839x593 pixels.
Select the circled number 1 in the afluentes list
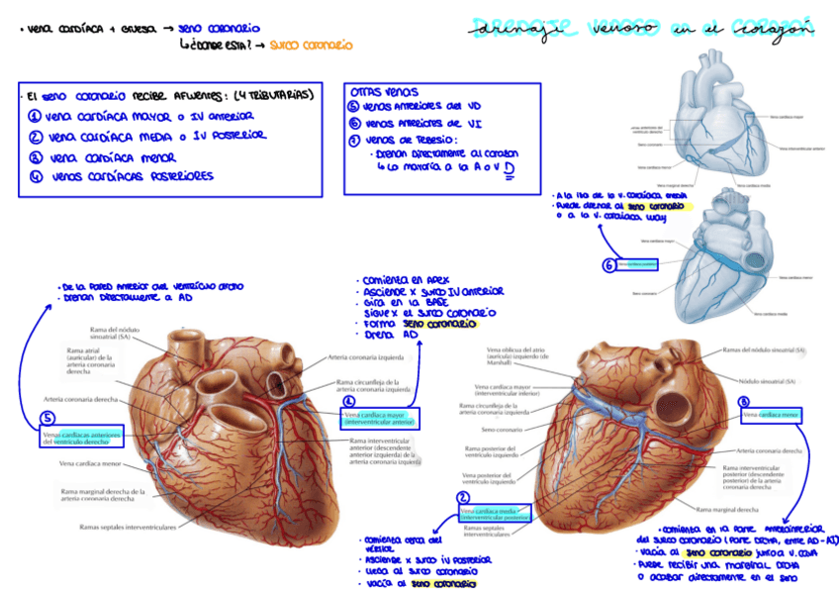pos(36,116)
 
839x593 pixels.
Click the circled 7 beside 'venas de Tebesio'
pos(354,140)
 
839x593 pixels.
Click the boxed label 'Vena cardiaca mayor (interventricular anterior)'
pos(381,419)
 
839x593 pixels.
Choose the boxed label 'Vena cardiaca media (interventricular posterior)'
pos(496,513)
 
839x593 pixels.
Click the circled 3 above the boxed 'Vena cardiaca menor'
pos(744,401)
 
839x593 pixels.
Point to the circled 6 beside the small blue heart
pos(608,265)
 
